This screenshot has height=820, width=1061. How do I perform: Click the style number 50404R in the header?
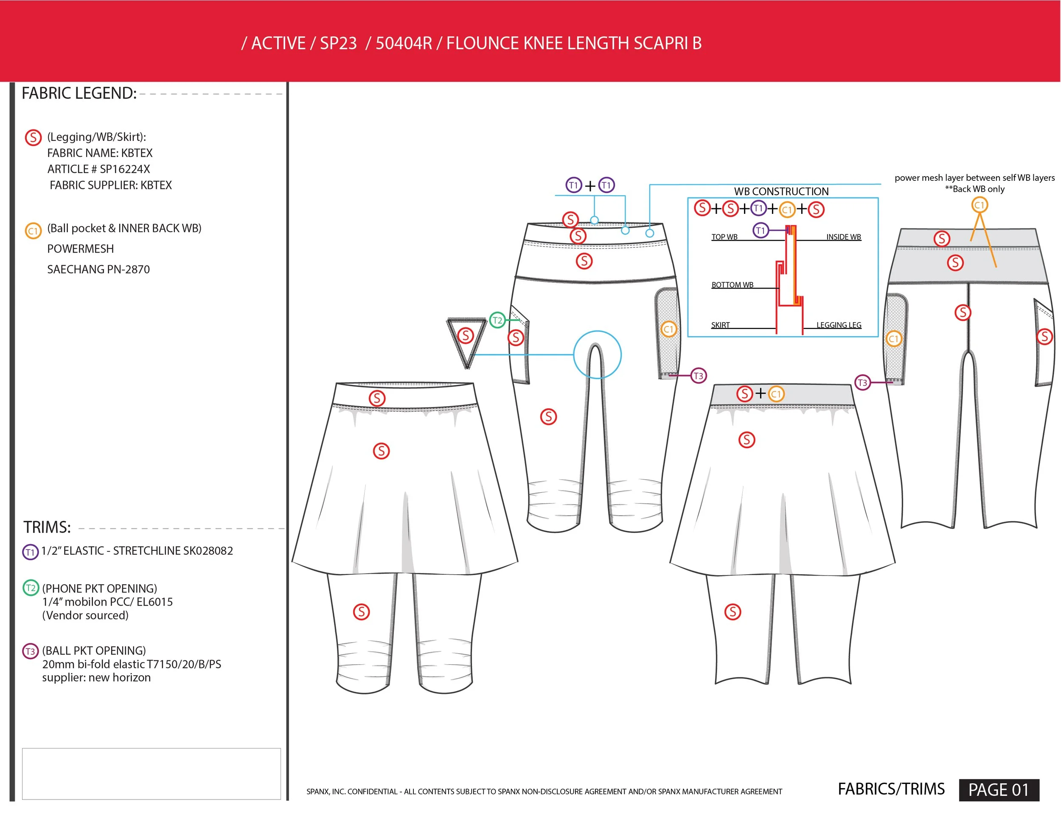pos(403,44)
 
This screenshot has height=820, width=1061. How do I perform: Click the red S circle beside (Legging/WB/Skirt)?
pos(33,138)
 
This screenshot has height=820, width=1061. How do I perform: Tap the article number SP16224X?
pos(125,169)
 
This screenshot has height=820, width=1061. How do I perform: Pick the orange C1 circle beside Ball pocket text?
pos(33,231)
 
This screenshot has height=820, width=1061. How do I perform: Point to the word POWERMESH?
pos(81,249)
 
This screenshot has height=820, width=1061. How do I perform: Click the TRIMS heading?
pos(47,527)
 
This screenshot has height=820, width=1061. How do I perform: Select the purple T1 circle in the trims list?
pos(30,552)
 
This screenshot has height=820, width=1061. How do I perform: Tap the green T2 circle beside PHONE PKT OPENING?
pos(31,588)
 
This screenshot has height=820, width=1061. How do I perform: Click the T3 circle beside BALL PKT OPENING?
pos(30,651)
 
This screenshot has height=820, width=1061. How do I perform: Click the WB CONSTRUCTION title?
pos(781,191)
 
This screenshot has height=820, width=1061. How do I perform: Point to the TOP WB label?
pos(724,237)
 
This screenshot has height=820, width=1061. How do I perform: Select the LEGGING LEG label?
pos(839,325)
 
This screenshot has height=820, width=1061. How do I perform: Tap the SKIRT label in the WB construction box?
pos(721,325)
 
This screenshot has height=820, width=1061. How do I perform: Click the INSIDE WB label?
pos(843,237)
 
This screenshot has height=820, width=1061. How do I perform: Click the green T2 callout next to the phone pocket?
pos(497,320)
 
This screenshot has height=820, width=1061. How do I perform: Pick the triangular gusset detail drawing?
pos(466,340)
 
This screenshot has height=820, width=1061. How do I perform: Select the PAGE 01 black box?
pos(999,789)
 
